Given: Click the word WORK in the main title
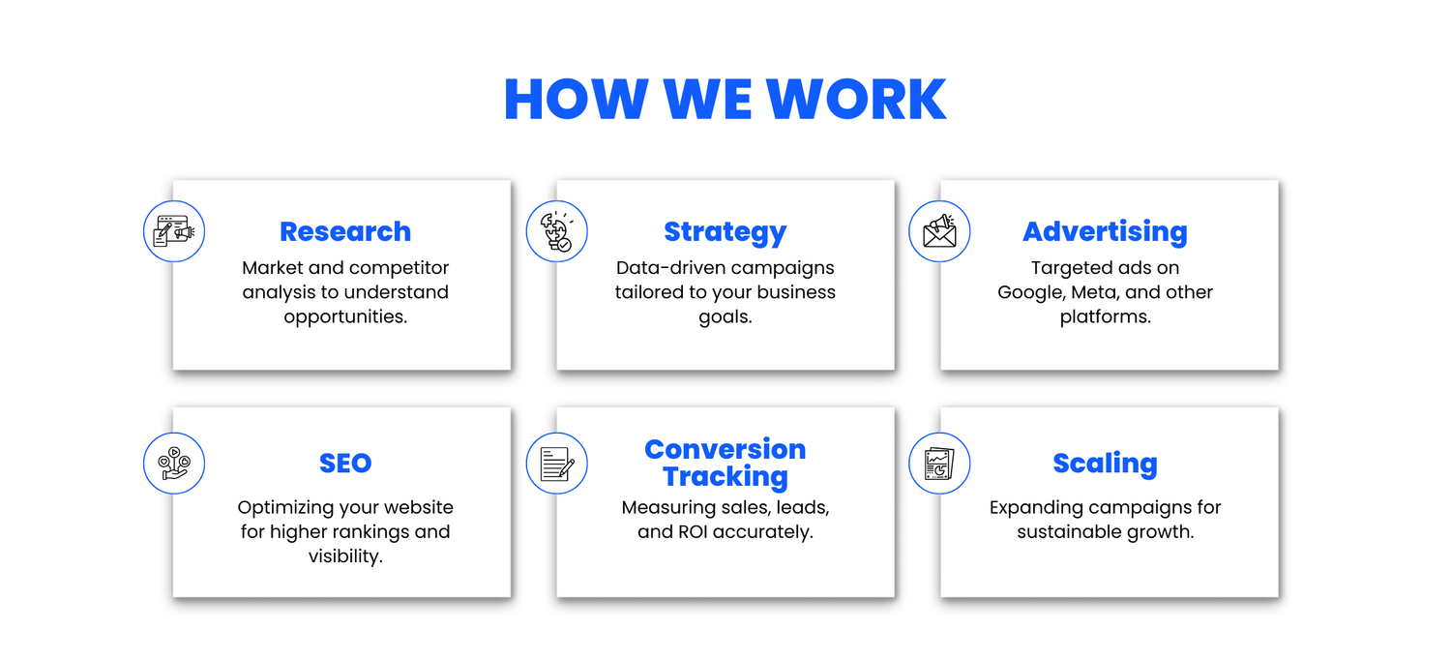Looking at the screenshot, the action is coord(856,100).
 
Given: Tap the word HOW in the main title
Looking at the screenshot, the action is coord(577,100).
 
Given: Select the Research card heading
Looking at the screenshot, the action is coord(345,231).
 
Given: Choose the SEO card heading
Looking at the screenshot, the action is coord(345,463).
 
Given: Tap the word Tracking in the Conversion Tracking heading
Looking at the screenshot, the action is coord(725,477).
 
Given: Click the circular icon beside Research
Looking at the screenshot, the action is coord(174,231).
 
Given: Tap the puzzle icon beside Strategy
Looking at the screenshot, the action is coord(557,231).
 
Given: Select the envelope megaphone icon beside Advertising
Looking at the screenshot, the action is coord(939,231).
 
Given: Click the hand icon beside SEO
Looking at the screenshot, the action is coord(174,463).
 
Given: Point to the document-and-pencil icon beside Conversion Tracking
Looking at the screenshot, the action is coord(557,463).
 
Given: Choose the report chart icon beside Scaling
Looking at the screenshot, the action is coord(939,463).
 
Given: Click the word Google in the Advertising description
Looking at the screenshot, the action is coord(1031,293).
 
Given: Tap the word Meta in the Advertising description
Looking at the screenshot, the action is coord(1095,292).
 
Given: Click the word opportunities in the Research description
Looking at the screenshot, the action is coord(345,317).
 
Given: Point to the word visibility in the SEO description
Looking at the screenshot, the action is coord(345,556).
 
